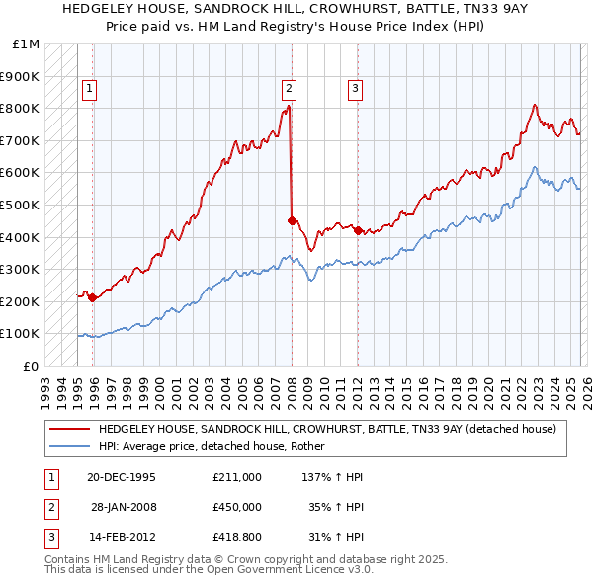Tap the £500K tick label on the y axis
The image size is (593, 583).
(x=20, y=205)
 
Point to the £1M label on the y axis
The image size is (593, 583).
(x=27, y=44)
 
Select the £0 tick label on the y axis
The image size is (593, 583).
(x=33, y=366)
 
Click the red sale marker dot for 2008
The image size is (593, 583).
(x=292, y=220)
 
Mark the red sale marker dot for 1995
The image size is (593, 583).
(x=93, y=297)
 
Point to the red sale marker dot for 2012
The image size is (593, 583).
(x=358, y=230)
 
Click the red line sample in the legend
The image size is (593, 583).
(x=68, y=429)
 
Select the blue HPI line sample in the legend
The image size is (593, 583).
(x=68, y=446)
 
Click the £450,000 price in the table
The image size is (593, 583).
(x=237, y=506)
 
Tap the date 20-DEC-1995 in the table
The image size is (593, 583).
(x=121, y=477)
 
